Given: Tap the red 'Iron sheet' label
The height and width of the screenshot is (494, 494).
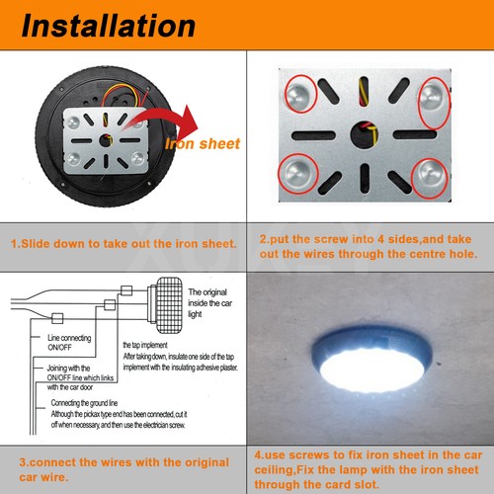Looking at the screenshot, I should coord(202,143).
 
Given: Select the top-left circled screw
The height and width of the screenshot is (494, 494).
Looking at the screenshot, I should coord(298,96).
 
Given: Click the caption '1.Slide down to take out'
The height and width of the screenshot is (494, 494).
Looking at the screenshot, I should coord(123,243).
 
